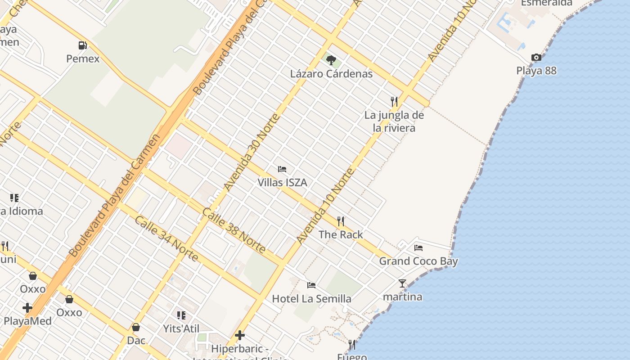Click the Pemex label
point(83,58)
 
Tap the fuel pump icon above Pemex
point(83,45)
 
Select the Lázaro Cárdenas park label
point(331,74)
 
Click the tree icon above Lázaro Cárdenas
point(331,59)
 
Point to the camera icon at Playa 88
point(536,57)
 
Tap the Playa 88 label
point(536,71)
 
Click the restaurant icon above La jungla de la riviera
point(394,101)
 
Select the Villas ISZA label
point(282,182)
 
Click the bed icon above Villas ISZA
point(282,169)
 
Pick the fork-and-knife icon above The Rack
point(341,221)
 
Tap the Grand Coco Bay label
point(418,261)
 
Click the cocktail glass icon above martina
point(402,283)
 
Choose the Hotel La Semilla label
point(311,298)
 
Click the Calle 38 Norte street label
point(234,231)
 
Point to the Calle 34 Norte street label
point(166,238)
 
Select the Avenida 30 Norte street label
point(252,152)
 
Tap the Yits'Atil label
point(181,328)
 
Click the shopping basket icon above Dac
point(136,327)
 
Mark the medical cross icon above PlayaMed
point(27,308)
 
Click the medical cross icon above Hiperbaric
point(240,335)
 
